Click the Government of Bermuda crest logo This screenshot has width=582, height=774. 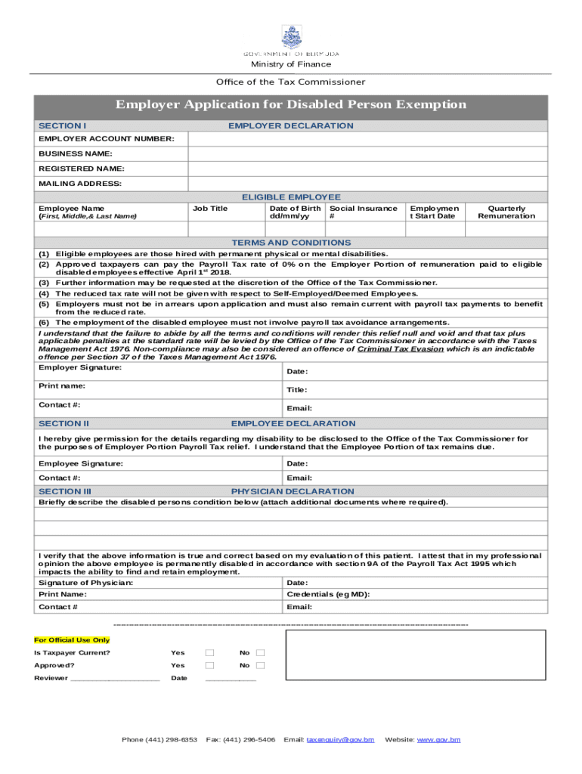pos(291,37)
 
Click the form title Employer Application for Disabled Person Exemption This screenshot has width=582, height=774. pos(291,104)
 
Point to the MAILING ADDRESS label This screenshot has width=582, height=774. pos(80,184)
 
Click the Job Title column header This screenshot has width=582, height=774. pos(210,209)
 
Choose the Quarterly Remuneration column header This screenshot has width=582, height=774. pos(506,212)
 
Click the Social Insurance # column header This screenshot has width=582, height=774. pos(364,212)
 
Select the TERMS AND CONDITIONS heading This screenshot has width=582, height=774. pos(291,243)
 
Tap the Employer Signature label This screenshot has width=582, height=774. pos(80,367)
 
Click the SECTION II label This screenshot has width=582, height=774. pos(64,424)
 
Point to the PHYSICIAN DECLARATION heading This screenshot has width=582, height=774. pos(293,491)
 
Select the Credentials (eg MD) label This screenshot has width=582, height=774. pos(329,595)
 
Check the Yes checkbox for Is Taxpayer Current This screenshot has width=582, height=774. pos(209,652)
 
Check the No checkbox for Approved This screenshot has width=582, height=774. pos(260,665)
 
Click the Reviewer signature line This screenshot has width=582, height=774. pos(115,679)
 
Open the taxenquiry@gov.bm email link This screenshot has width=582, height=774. pos(340,738)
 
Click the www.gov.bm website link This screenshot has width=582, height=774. pos(439,738)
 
